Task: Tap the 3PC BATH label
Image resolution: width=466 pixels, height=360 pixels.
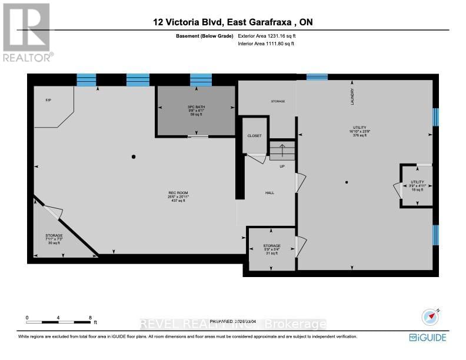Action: [x=195, y=106]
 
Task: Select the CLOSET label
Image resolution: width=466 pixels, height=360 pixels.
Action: [x=254, y=136]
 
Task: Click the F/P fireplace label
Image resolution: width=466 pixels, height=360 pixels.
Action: [x=48, y=101]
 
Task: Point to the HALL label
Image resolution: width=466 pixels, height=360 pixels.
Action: [x=269, y=193]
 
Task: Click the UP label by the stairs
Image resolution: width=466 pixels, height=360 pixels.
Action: [x=282, y=166]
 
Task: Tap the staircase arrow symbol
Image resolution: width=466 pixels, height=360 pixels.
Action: [x=282, y=151]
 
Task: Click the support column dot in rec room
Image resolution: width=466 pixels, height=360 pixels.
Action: [x=134, y=157]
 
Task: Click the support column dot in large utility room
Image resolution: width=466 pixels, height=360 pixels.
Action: [x=347, y=182]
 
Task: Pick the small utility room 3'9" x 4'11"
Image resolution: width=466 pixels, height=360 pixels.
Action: [x=417, y=185]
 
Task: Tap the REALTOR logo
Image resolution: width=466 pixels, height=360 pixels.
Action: [x=27, y=32]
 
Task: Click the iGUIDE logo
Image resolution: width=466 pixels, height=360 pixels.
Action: [x=428, y=337]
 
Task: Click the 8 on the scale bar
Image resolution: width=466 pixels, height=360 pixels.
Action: [x=90, y=317]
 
